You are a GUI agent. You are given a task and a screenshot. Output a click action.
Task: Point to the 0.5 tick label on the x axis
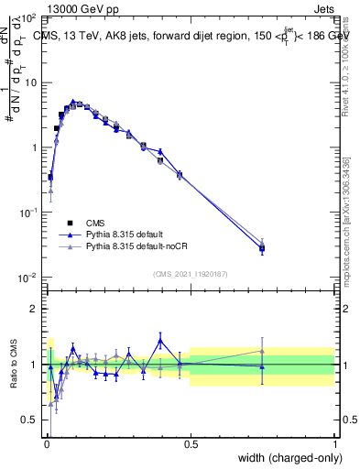coord(191,443)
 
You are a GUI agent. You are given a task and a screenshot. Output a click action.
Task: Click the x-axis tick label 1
coord(335,443)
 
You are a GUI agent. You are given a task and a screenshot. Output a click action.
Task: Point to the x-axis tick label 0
coord(46,443)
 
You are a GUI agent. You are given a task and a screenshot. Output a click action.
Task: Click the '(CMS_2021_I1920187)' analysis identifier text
coord(191,273)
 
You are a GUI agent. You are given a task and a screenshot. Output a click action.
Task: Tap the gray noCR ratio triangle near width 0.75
coord(262,351)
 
